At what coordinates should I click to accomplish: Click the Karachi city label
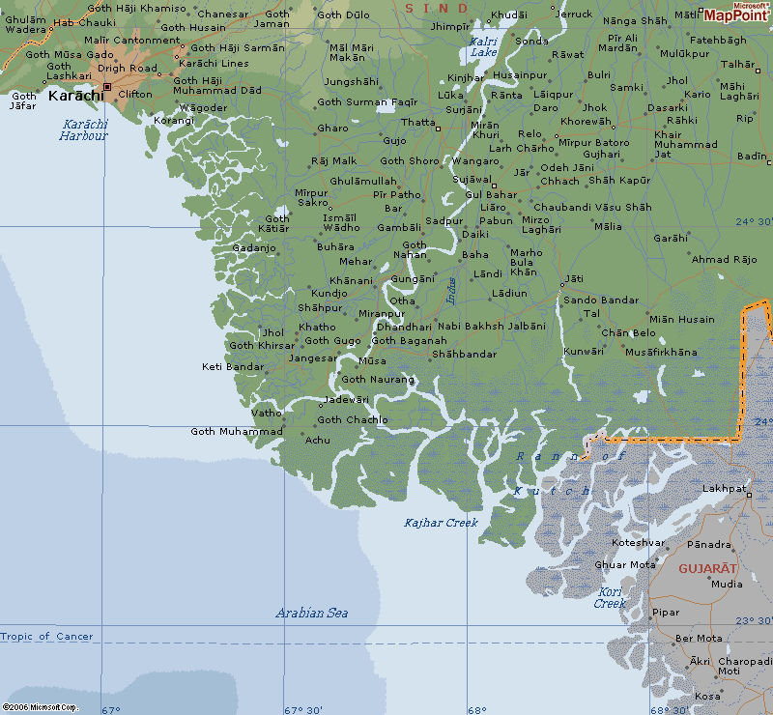[75, 95]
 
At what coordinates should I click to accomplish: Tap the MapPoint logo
[737, 12]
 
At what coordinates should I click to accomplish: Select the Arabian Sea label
[311, 613]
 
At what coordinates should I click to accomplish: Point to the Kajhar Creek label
[441, 523]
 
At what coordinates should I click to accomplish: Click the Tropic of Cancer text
[47, 637]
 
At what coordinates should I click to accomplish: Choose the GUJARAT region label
[707, 568]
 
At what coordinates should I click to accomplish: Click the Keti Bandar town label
[232, 366]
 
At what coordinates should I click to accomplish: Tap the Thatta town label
[417, 123]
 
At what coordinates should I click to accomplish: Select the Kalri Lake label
[483, 46]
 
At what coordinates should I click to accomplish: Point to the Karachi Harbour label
[83, 129]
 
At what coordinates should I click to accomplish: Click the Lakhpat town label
[725, 489]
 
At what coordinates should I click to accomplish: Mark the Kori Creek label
[610, 597]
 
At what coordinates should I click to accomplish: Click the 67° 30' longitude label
[303, 710]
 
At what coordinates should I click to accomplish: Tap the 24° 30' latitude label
[754, 221]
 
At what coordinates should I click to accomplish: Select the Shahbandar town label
[464, 355]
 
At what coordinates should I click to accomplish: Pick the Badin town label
[752, 156]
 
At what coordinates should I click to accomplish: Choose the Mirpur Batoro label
[593, 143]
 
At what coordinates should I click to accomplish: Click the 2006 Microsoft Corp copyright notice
[40, 707]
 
